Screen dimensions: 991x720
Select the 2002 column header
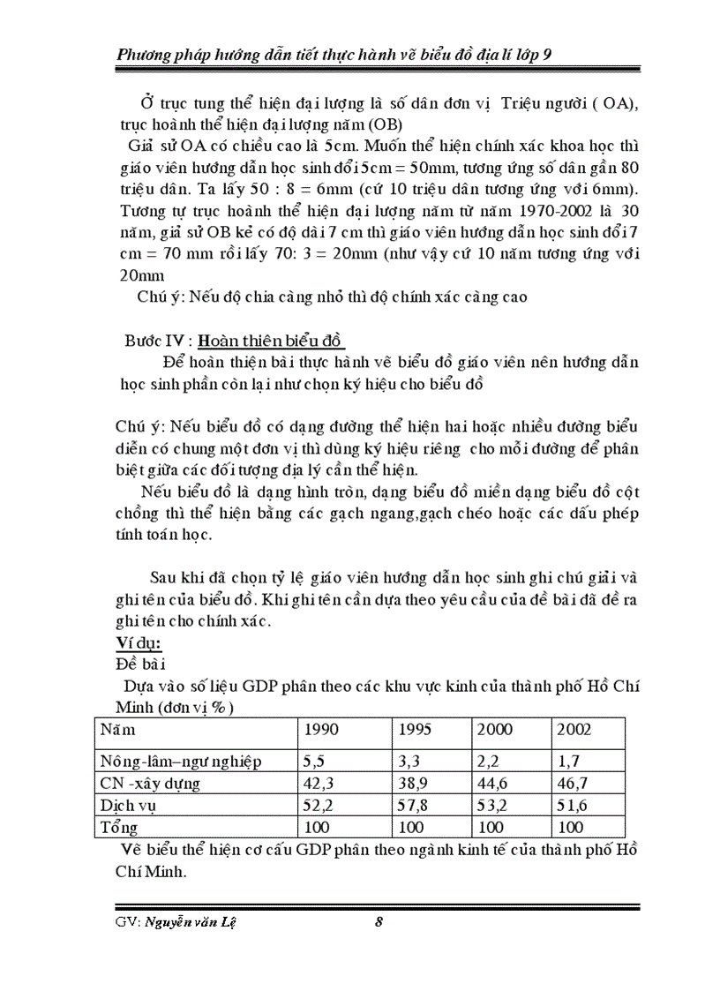click(x=574, y=731)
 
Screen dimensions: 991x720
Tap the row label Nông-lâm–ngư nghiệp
click(x=180, y=760)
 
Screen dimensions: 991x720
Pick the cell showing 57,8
click(x=415, y=806)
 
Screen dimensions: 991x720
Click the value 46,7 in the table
click(x=574, y=783)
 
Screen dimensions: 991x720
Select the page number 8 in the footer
click(x=379, y=923)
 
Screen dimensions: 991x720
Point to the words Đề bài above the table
click(x=139, y=663)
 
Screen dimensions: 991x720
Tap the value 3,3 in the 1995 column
click(x=410, y=760)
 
